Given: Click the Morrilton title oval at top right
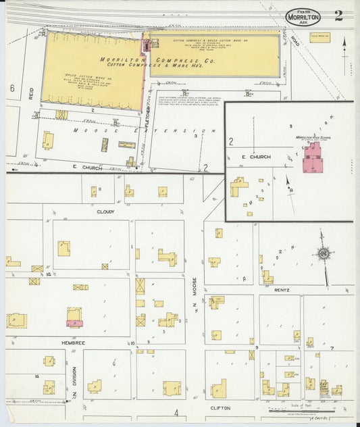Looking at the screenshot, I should point(303,18).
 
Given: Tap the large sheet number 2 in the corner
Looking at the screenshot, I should point(338,16).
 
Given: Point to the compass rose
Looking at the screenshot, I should point(324,254).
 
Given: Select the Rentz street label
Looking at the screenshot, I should point(282,290).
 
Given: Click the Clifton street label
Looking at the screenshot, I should point(220,408).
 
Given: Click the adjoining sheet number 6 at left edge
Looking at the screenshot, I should point(11,89).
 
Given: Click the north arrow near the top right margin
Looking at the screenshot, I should point(344,47).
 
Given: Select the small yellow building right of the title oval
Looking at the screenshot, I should point(320,37).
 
